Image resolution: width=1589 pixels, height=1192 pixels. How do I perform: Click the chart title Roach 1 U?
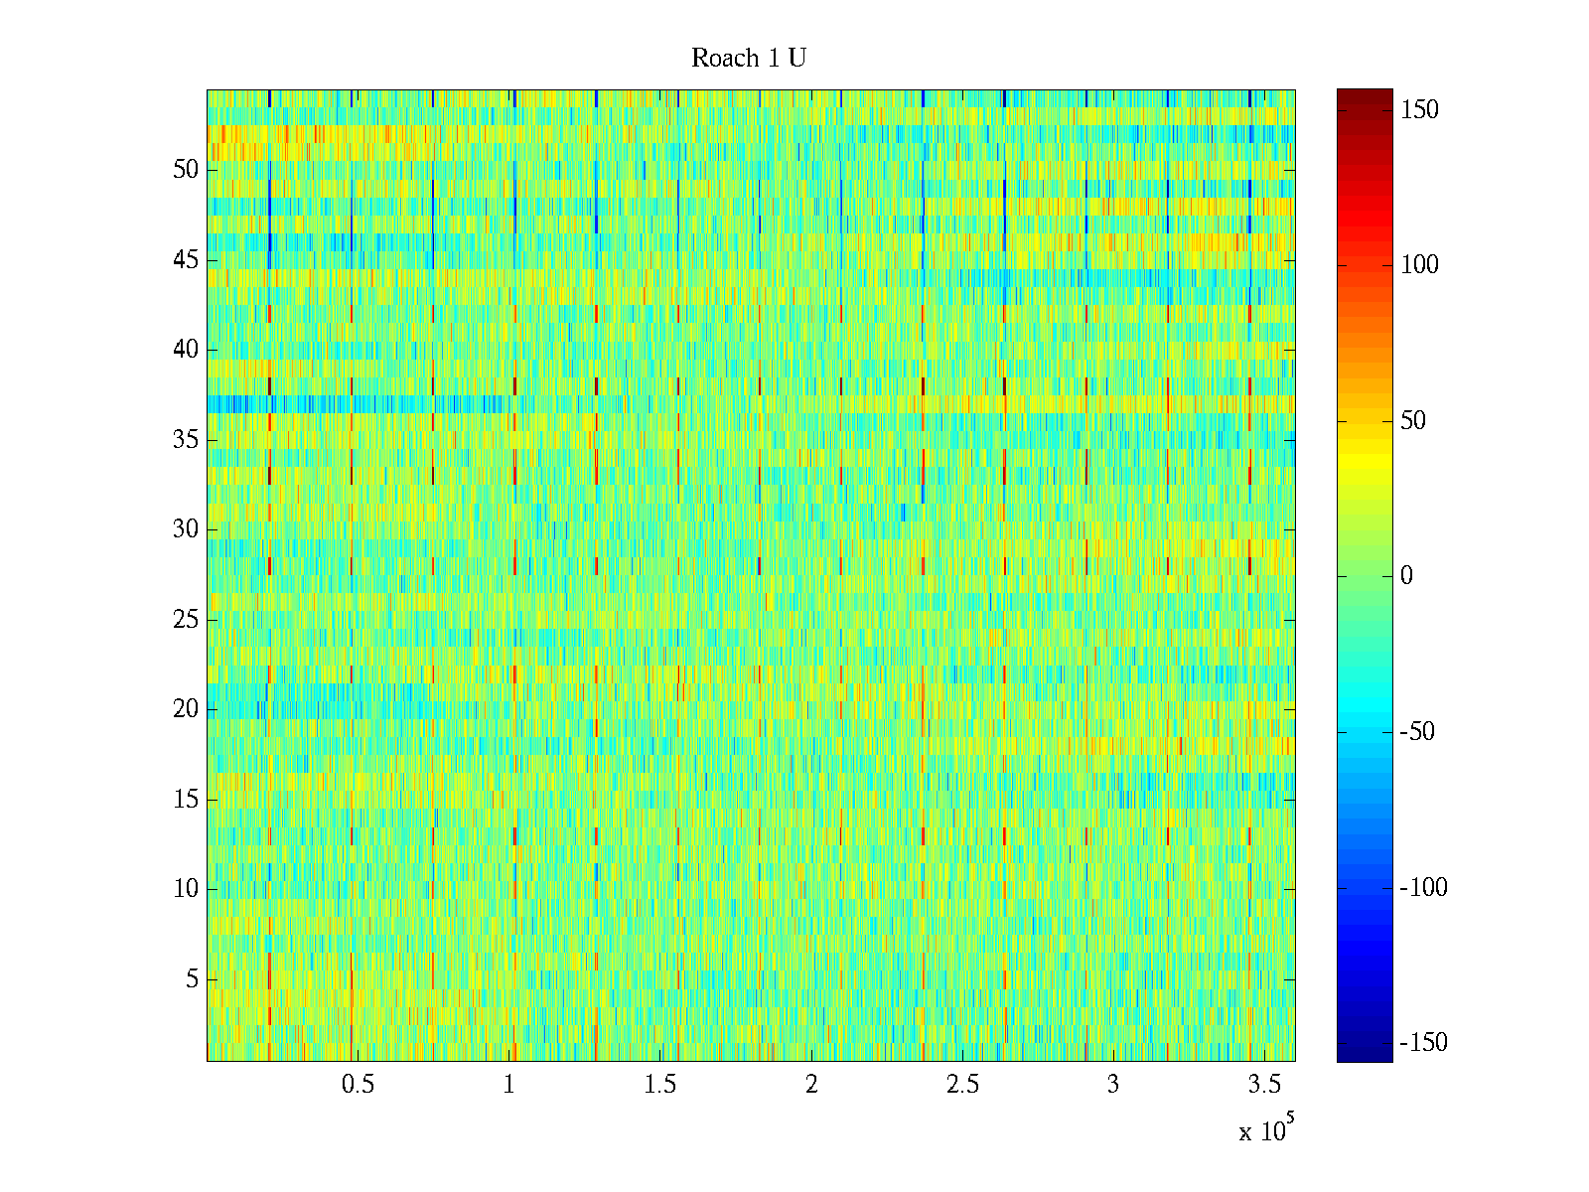pos(748,59)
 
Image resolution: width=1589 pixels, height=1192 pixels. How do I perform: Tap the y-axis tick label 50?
pos(186,170)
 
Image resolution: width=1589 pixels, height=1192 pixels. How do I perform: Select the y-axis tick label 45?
pos(186,260)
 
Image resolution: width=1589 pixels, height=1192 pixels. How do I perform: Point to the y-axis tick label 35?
pos(186,440)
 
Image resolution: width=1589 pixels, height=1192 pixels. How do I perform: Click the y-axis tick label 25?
pos(186,620)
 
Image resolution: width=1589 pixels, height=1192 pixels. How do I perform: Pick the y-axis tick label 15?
pos(186,800)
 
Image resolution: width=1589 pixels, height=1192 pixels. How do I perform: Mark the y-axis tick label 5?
pos(192,979)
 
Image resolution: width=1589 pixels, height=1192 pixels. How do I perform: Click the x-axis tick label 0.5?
pos(358,1085)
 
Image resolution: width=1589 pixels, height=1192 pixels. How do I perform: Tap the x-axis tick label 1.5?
pos(660,1085)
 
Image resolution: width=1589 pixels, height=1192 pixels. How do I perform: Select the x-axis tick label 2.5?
pos(962,1085)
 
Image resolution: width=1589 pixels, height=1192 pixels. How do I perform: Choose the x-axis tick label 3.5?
pos(1264,1085)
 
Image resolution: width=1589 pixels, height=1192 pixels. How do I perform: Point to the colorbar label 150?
pos(1419,110)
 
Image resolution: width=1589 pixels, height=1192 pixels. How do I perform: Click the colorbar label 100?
pos(1419,265)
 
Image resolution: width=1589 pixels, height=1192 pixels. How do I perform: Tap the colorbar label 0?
pos(1406,576)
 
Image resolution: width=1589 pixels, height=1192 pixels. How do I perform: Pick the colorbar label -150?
pos(1423,1043)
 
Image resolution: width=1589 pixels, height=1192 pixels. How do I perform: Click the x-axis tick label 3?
pos(1113,1085)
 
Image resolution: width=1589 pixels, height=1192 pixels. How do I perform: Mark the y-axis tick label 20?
pos(186,709)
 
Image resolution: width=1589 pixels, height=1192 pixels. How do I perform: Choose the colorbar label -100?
pos(1423,888)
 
